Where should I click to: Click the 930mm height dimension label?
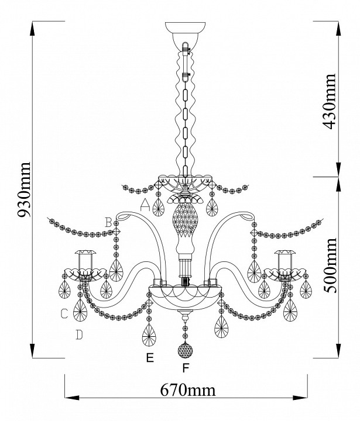tap(24, 189)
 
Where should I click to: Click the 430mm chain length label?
tap(329, 101)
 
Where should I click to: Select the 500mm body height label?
tap(329, 265)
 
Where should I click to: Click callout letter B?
tap(109, 223)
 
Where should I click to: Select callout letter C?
tap(64, 313)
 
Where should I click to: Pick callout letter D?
tap(79, 335)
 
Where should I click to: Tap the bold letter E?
tap(150, 358)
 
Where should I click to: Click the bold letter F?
tap(186, 368)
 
